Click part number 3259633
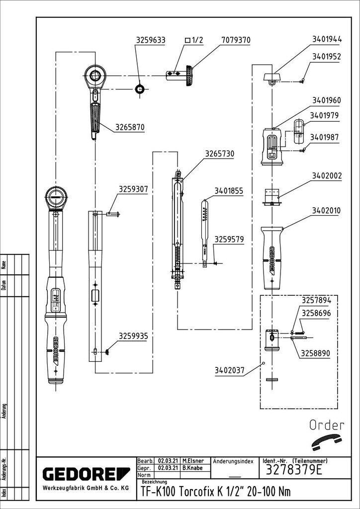click(x=151, y=40)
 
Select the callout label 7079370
click(x=235, y=40)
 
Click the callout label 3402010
click(x=326, y=211)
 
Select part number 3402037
click(x=230, y=370)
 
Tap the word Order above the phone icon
click(x=327, y=425)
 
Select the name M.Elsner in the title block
click(x=194, y=461)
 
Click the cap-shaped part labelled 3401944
click(x=271, y=77)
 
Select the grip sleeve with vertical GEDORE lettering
click(x=272, y=257)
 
